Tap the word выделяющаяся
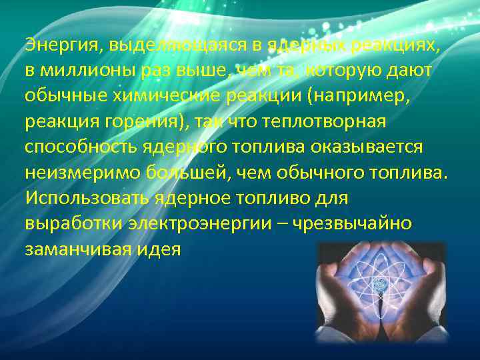(153, 46)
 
